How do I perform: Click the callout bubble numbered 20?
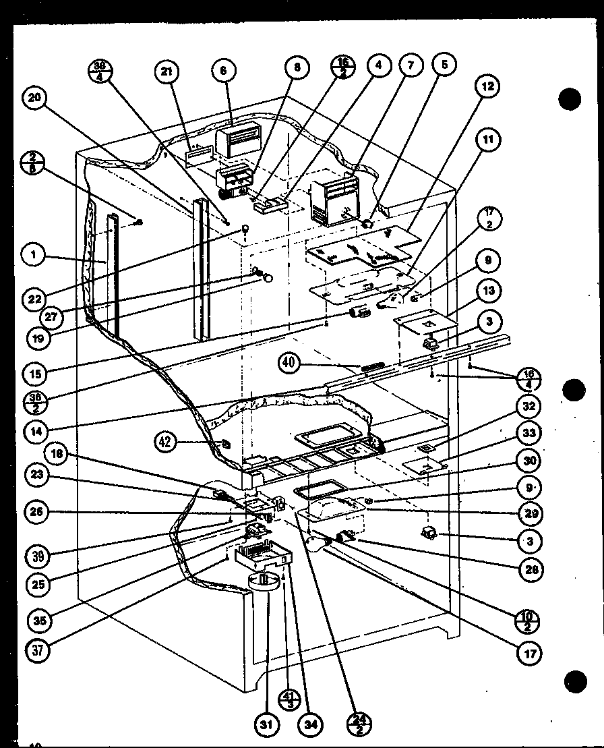click(x=33, y=98)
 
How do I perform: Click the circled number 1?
click(x=32, y=255)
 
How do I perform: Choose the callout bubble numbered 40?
click(x=287, y=364)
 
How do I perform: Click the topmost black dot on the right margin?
click(x=570, y=99)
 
